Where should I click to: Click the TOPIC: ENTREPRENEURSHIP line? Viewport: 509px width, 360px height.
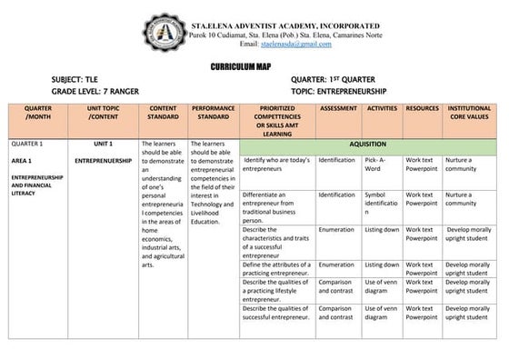(x=339, y=93)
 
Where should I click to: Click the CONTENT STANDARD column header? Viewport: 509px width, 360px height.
(x=163, y=113)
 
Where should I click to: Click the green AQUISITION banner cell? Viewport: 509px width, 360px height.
(x=367, y=145)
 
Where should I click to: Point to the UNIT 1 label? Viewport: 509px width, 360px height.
(x=102, y=144)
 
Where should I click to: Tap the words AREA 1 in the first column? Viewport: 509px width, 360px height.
(x=22, y=160)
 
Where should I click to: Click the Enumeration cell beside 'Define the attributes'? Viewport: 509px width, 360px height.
(x=337, y=265)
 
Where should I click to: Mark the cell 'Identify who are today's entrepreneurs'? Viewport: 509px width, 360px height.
(x=277, y=165)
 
